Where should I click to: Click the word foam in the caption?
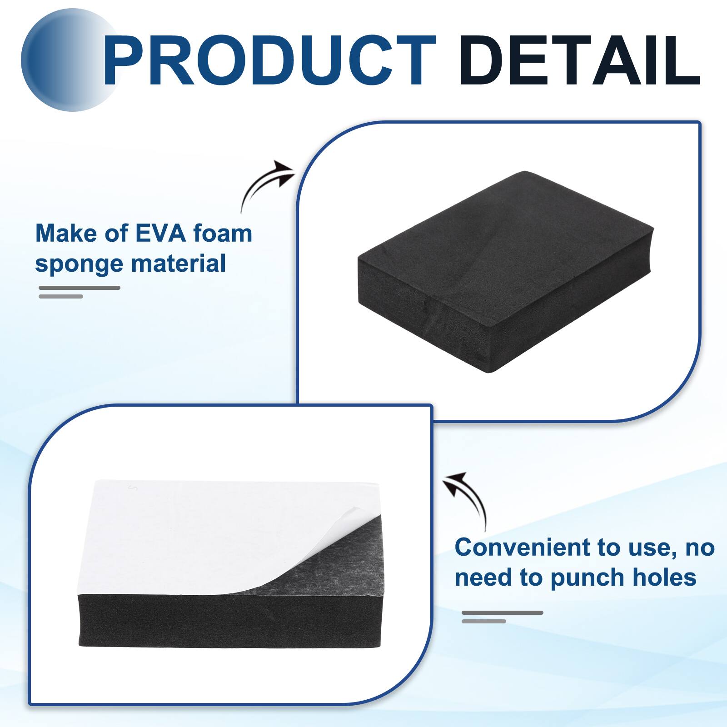[x=223, y=234]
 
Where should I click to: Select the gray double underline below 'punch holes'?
[x=502, y=617]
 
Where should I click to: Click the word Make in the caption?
[x=60, y=234]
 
